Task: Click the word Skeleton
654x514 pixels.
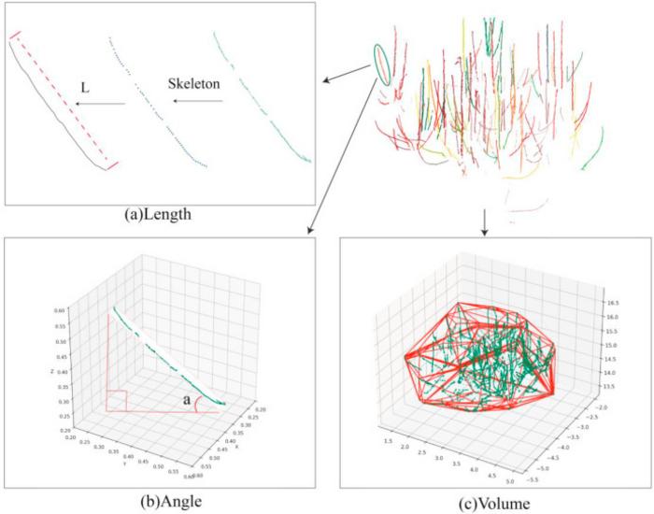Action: coord(194,84)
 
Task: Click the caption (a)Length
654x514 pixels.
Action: coord(170,214)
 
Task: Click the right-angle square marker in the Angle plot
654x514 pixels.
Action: coord(117,399)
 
